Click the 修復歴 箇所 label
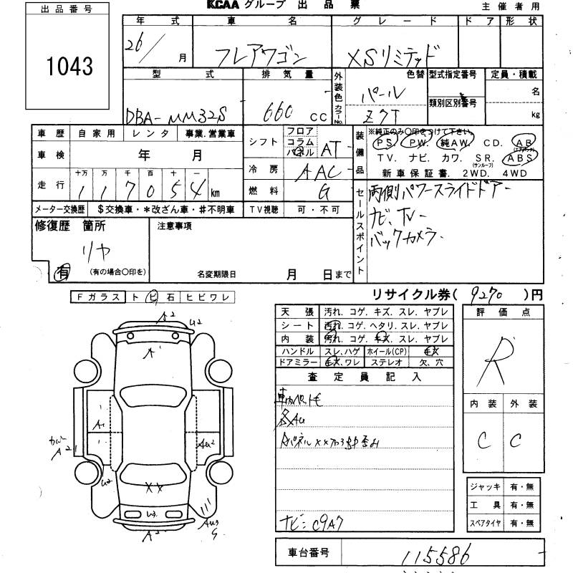pyautogui.click(x=70, y=226)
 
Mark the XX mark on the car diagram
pyautogui.click(x=154, y=488)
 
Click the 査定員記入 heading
pyautogui.click(x=365, y=376)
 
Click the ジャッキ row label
pyautogui.click(x=485, y=486)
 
